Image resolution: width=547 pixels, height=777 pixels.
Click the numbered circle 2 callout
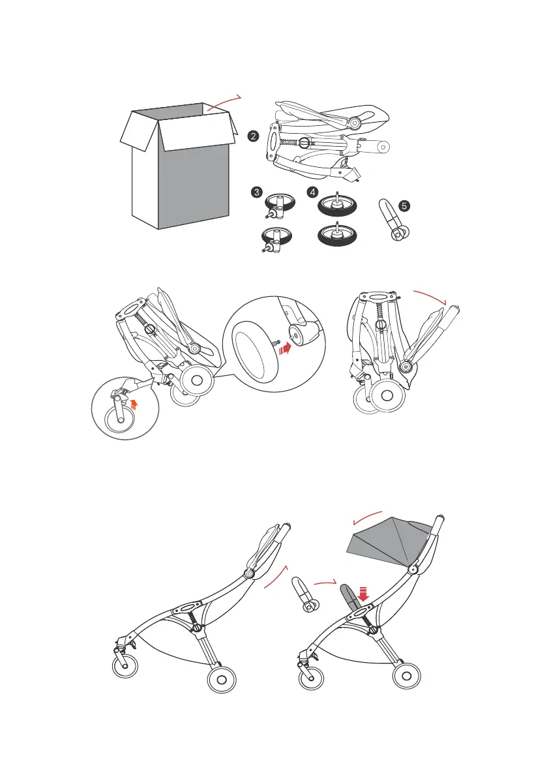click(253, 138)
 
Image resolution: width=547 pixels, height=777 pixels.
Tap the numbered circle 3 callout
click(258, 192)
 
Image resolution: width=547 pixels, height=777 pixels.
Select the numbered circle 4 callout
click(315, 192)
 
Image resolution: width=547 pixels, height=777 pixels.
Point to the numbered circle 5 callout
click(405, 206)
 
